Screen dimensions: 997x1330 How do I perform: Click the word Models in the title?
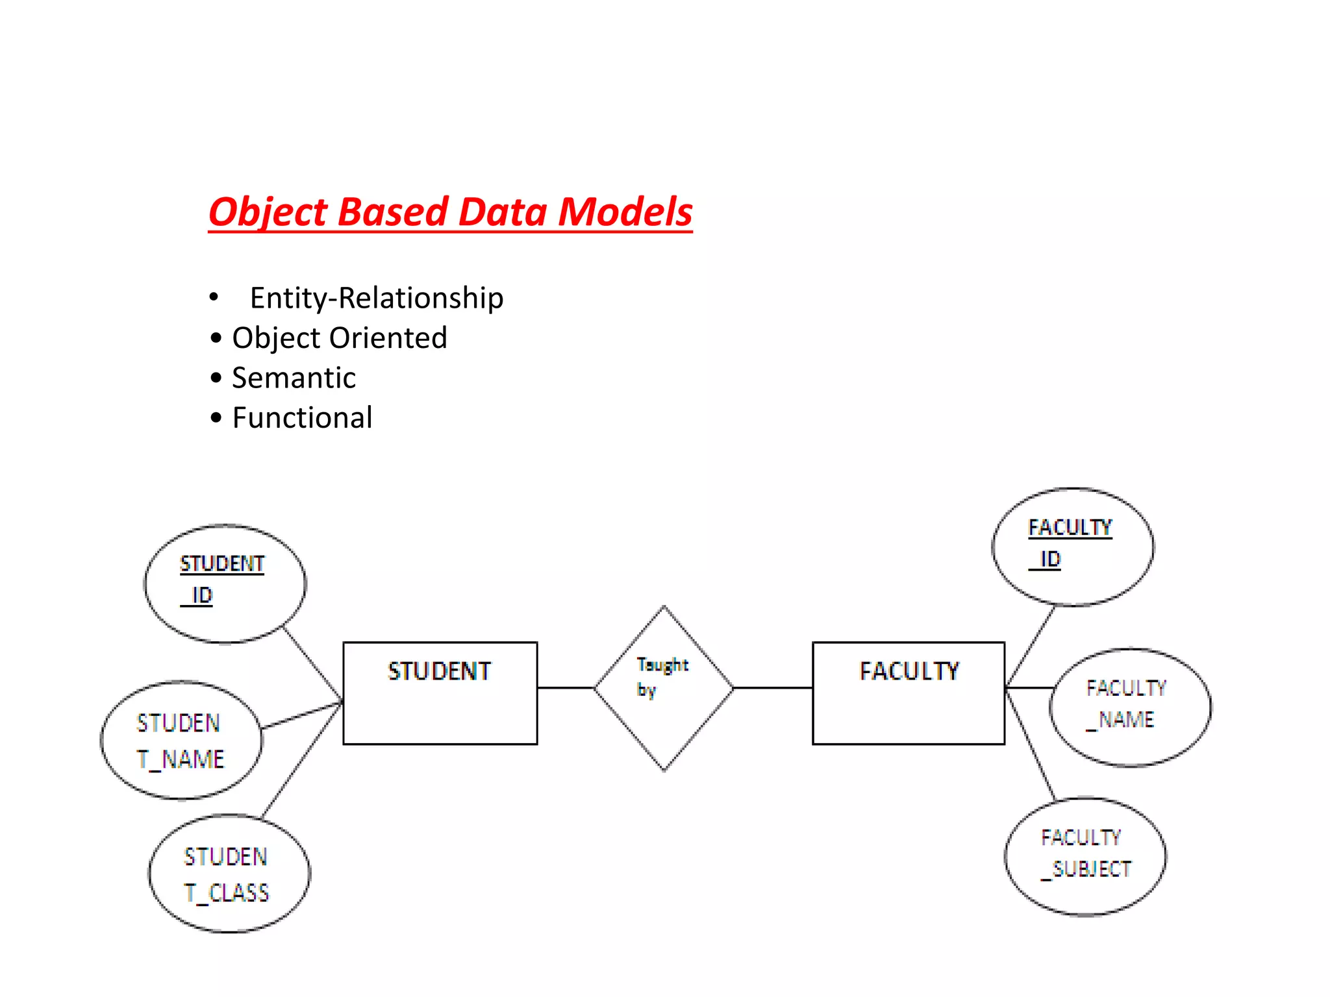(625, 212)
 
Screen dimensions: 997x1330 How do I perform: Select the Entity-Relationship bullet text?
(376, 298)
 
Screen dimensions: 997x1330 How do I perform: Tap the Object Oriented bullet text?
(339, 338)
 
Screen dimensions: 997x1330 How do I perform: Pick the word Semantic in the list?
(294, 378)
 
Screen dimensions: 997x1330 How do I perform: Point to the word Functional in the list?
(302, 418)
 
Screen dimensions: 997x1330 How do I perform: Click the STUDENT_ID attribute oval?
(225, 583)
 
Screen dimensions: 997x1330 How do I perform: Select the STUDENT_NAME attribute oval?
(181, 740)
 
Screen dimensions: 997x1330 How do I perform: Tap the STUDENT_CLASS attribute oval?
(229, 874)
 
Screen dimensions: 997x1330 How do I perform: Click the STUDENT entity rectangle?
(440, 693)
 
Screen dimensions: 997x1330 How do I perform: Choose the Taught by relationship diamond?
(664, 688)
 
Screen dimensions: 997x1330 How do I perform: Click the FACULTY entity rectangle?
(908, 693)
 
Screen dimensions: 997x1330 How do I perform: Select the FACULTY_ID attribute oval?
(1072, 547)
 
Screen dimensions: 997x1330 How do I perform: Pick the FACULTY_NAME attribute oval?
(1129, 706)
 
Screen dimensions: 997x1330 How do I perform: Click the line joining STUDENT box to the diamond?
(566, 687)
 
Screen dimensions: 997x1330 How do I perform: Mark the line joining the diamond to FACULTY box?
(773, 687)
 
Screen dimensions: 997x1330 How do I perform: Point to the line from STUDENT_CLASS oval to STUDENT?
(302, 759)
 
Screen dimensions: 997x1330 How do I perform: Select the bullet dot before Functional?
(216, 418)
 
